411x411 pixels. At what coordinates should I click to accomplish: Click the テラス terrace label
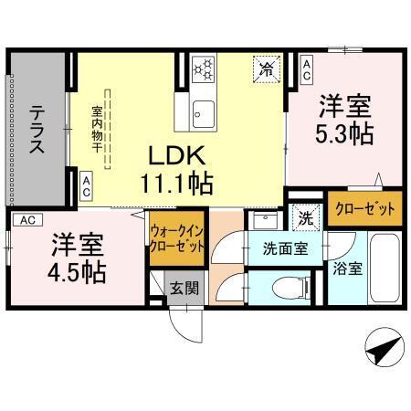(x=37, y=132)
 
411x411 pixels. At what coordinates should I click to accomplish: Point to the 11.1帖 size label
(x=176, y=183)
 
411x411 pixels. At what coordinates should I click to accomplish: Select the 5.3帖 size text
(x=344, y=132)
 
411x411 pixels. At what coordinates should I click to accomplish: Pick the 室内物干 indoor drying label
(x=96, y=130)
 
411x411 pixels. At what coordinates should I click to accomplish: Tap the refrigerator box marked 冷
(x=267, y=68)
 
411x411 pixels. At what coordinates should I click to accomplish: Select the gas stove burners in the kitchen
(x=205, y=68)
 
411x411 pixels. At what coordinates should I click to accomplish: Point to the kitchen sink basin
(x=204, y=115)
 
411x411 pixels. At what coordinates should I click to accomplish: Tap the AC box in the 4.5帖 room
(x=27, y=220)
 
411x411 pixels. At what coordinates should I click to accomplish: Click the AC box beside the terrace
(x=86, y=186)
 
